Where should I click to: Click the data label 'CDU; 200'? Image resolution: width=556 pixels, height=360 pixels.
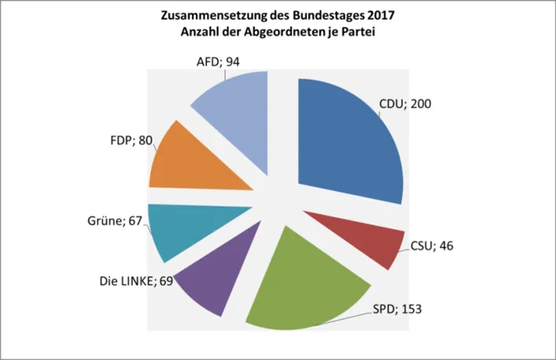[405, 103]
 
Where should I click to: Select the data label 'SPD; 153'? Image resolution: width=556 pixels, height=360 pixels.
[397, 309]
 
